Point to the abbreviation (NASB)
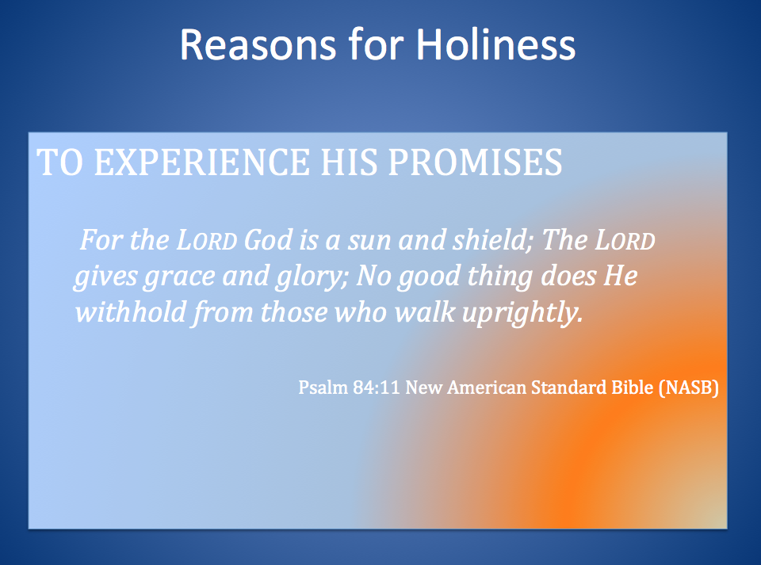coord(683,388)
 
